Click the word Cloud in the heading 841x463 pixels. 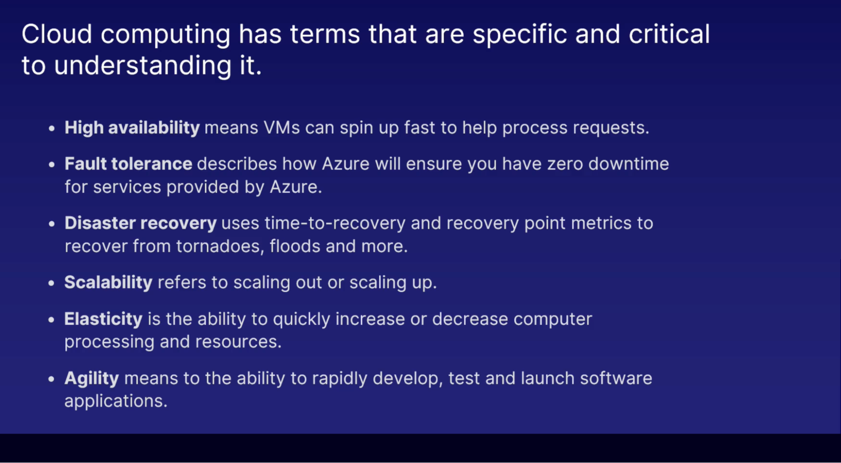[57, 34]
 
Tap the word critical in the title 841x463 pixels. [669, 34]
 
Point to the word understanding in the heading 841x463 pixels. [143, 66]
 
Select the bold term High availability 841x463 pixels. [132, 128]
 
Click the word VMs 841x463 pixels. [282, 128]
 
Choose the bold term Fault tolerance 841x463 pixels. [128, 164]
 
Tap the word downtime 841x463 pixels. [629, 164]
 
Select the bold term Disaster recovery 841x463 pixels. [141, 223]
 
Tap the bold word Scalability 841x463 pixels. [109, 283]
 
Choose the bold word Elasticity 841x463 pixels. [103, 319]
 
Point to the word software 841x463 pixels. [616, 379]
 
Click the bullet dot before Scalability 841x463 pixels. [51, 284]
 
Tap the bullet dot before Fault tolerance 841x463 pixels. [51, 165]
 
